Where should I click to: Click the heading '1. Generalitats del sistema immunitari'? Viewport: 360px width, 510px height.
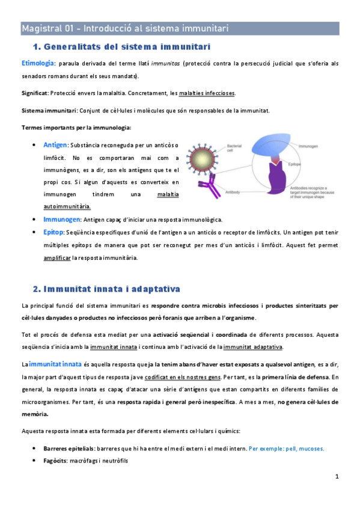(123, 46)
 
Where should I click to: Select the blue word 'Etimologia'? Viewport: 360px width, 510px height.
(38, 63)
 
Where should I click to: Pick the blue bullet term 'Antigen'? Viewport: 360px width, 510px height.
(55, 145)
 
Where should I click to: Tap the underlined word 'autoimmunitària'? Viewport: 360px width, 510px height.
(67, 206)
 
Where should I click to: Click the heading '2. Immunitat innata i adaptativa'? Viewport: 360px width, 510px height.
(109, 289)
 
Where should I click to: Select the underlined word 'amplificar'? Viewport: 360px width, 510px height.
(56, 258)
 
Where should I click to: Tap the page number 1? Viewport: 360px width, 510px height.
(338, 478)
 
